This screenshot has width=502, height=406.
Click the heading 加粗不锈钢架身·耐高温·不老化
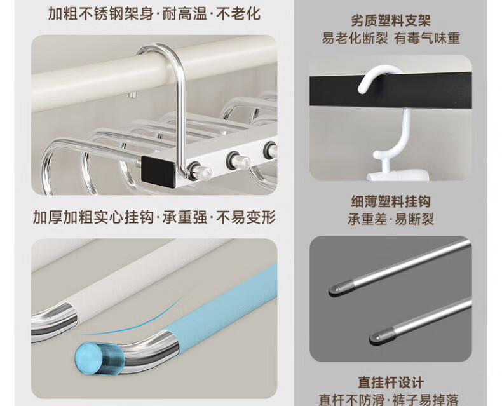tap(154, 13)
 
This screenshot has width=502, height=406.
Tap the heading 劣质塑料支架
tap(391, 21)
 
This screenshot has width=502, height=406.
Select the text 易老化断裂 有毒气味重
tap(391, 38)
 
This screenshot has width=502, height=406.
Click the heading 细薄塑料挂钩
tap(391, 201)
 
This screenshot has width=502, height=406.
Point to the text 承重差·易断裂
tap(391, 220)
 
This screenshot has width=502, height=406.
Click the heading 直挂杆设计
tap(391, 382)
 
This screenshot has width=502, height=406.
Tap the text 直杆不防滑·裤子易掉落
tap(389, 400)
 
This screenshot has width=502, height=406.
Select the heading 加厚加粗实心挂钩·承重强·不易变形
tap(154, 217)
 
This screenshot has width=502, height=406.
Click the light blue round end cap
tap(88, 358)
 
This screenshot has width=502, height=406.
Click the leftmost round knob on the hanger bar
tap(200, 170)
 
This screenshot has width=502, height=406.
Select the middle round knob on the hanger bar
tap(238, 159)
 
